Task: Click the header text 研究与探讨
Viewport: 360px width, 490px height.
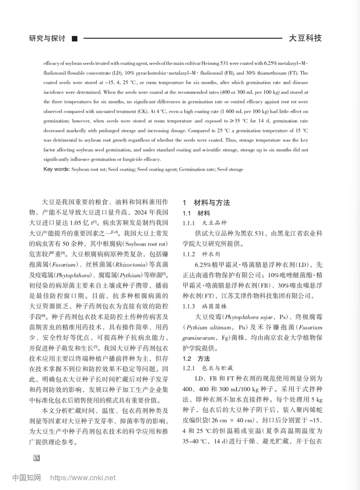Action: (47, 38)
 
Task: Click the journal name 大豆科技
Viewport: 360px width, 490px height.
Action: (305, 38)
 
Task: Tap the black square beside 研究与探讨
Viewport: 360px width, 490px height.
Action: (75, 39)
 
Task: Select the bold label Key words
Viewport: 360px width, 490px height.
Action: (56, 169)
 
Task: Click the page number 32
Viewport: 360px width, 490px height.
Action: (36, 458)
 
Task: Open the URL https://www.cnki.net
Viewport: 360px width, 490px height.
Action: (83, 478)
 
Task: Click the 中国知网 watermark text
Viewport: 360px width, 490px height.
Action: (27, 478)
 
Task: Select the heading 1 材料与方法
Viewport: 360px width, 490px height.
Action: (206, 202)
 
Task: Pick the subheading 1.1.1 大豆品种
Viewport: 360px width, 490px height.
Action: (204, 223)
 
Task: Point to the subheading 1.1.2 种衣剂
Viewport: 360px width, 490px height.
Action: (201, 254)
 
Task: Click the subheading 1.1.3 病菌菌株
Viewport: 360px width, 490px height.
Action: (204, 306)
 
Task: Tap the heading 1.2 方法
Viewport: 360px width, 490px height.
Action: (196, 359)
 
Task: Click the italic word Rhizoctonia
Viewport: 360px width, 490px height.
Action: (131, 265)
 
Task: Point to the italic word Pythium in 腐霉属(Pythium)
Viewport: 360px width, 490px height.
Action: (131, 275)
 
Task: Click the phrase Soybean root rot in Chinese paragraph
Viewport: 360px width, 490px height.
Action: (145, 244)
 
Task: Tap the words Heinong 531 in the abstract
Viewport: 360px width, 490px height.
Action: (215, 63)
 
